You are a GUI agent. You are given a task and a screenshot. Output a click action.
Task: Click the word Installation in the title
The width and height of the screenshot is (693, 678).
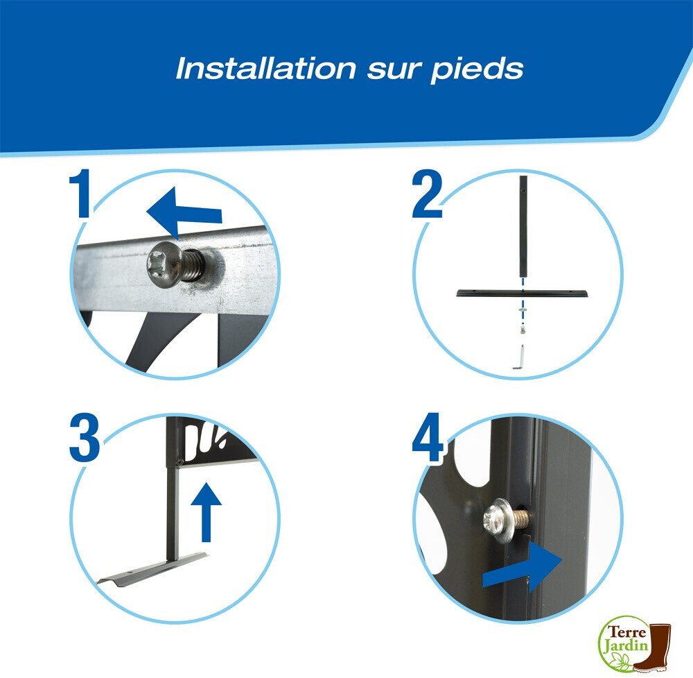pyautogui.click(x=265, y=68)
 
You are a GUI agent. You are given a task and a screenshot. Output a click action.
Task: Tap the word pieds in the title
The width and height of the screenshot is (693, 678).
pyautogui.click(x=477, y=70)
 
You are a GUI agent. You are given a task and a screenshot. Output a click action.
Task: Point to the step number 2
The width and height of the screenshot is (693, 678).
pyautogui.click(x=427, y=194)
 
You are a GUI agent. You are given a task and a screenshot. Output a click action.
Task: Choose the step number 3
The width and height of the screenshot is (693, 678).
pyautogui.click(x=85, y=438)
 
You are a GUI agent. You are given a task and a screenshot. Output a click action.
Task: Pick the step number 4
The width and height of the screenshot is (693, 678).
pyautogui.click(x=428, y=437)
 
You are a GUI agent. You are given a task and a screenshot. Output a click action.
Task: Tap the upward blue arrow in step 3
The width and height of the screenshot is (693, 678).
pyautogui.click(x=206, y=512)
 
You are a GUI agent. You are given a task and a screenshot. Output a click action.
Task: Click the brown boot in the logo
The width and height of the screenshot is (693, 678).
pyautogui.click(x=653, y=647)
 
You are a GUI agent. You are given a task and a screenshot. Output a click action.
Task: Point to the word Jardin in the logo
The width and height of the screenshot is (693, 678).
pyautogui.click(x=626, y=645)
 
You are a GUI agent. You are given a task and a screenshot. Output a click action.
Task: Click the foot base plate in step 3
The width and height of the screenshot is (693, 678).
pyautogui.click(x=152, y=570)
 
